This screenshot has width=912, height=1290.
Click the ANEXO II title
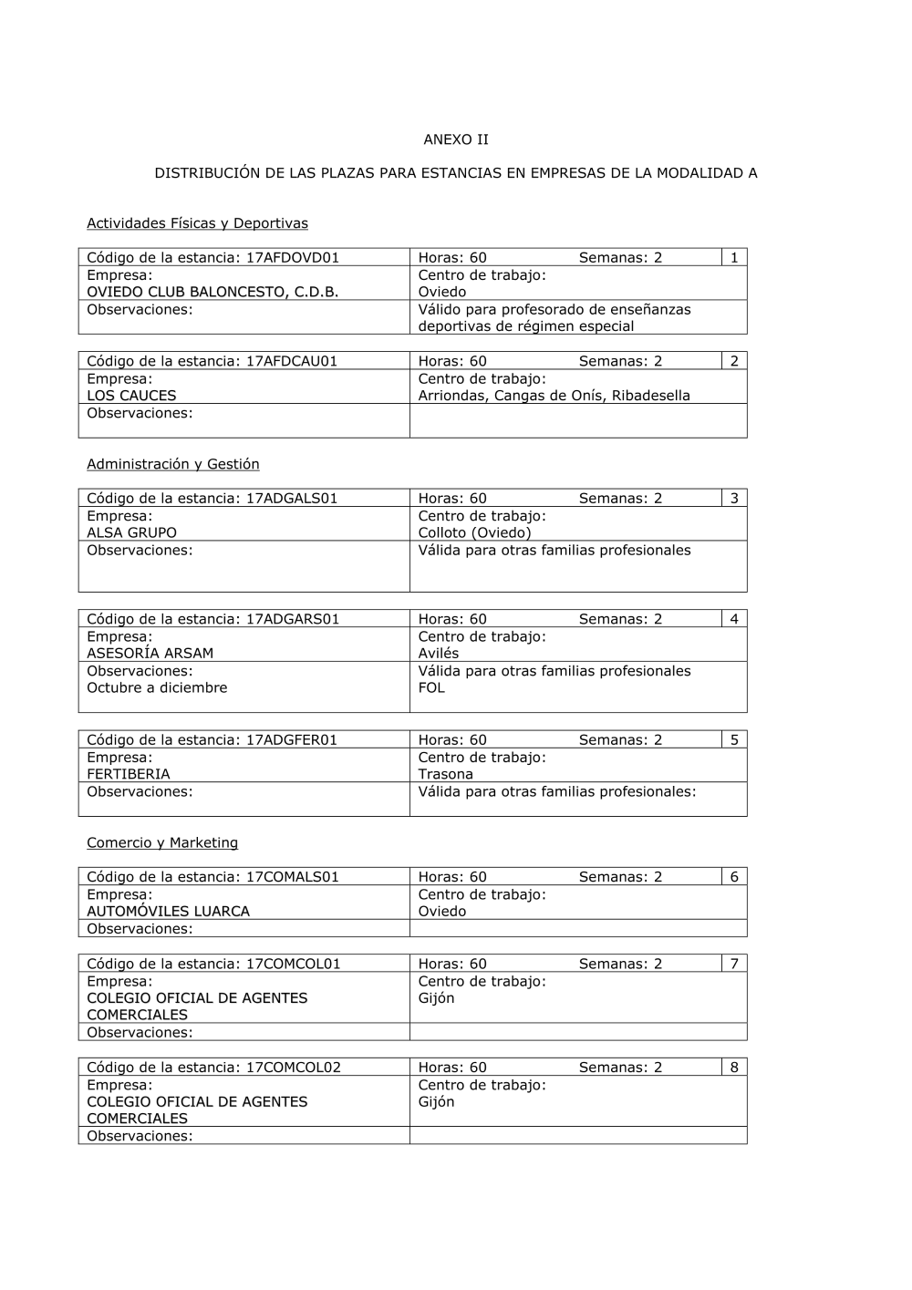pos(456,139)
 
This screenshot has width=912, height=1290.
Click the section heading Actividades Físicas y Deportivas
pos(197,223)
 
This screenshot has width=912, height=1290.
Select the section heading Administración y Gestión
pos(173,464)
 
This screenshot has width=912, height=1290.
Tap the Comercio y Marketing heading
pos(162,843)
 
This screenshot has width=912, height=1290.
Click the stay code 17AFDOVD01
pos(293,258)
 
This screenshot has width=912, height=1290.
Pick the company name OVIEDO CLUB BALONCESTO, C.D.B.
pos(212,293)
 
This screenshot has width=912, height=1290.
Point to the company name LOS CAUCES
pos(131,396)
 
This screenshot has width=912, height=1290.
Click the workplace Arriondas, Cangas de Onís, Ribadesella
pos(554,396)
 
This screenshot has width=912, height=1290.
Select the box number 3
pos(734,499)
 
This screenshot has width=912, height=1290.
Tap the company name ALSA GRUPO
pos(131,533)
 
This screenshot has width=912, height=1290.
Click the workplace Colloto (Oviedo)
pos(474,533)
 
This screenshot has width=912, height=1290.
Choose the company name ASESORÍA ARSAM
pos(150,654)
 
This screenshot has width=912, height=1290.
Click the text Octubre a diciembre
pos(157,688)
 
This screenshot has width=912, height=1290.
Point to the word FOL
pos(431,688)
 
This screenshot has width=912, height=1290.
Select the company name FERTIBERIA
pos(129,775)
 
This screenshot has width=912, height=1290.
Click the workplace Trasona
pos(446,775)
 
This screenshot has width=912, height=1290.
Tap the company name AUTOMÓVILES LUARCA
pos(168,912)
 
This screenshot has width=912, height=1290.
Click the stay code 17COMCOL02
pos(294,1068)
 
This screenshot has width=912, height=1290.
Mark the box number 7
pos(734,965)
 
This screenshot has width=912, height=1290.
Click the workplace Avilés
pos(439,654)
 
